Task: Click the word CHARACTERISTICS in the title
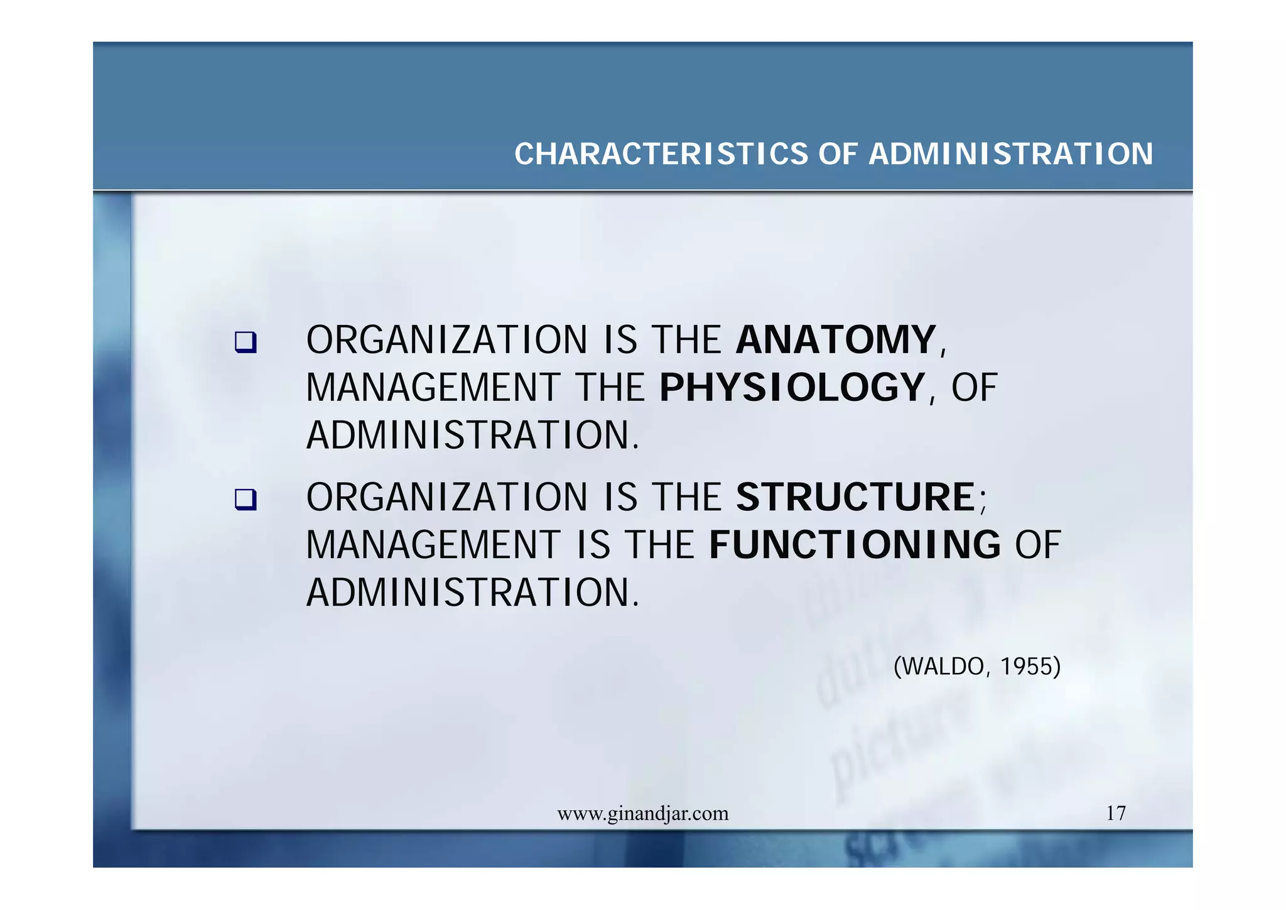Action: [x=661, y=154]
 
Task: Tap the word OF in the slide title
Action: [x=838, y=154]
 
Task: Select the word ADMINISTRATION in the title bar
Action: [x=1011, y=154]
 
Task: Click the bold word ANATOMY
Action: [x=836, y=340]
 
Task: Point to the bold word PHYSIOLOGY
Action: [x=792, y=387]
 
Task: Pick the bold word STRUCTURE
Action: [x=855, y=497]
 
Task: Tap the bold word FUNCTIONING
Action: [x=855, y=544]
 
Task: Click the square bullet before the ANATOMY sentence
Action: [x=246, y=342]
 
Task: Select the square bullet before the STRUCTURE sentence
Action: [x=246, y=500]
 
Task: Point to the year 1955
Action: [x=1027, y=666]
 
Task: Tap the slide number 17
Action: [x=1116, y=813]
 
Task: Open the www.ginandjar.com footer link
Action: [x=643, y=814]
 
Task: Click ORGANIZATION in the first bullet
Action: [x=446, y=340]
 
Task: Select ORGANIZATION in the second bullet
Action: [x=446, y=497]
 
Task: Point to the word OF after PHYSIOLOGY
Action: [x=974, y=387]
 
